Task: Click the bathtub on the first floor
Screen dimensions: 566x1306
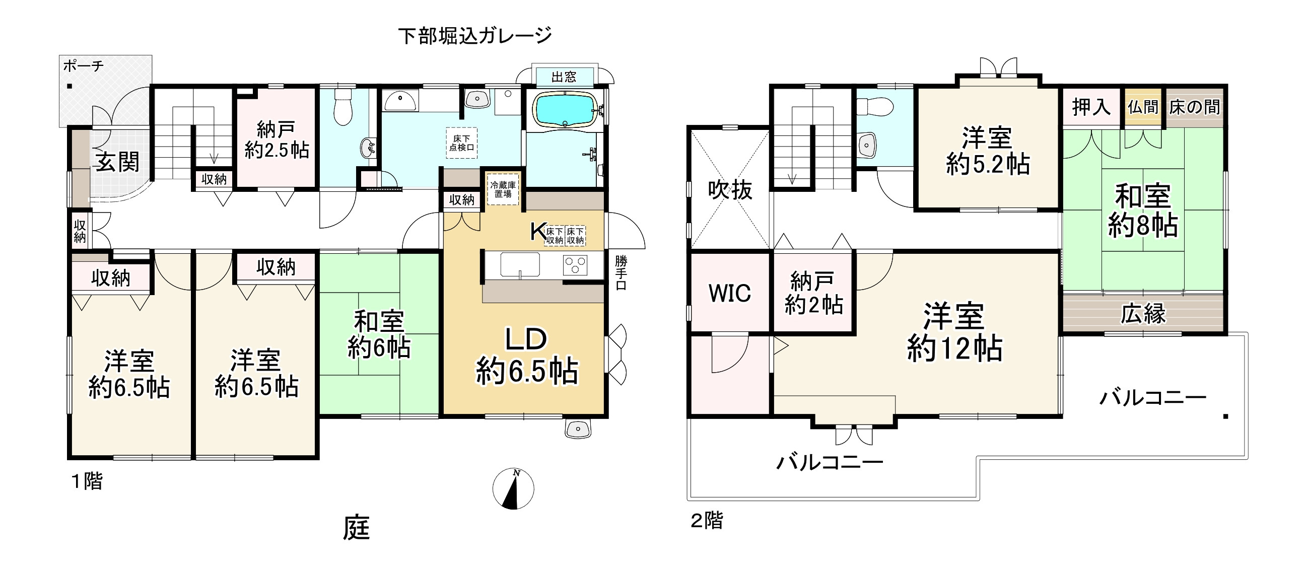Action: coord(565,110)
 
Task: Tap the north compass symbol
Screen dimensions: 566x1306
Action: coord(513,489)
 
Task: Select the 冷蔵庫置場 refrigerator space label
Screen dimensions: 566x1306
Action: coord(503,189)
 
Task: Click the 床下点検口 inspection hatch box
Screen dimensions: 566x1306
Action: coord(461,143)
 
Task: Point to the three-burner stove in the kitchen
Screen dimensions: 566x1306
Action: coord(575,265)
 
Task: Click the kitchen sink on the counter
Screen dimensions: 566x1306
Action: coord(520,264)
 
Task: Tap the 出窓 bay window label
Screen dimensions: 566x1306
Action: coord(564,77)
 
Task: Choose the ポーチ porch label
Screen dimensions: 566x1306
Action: coord(83,66)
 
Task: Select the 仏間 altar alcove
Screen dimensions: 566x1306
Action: coord(1143,107)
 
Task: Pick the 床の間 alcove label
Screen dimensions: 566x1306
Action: coord(1195,107)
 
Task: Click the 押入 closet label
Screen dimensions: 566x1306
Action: coord(1090,107)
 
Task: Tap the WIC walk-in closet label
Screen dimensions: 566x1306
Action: coord(729,293)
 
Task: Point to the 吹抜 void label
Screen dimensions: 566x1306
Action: coord(730,190)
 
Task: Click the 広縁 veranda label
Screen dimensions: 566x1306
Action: coord(1143,314)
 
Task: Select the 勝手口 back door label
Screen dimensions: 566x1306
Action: coord(621,272)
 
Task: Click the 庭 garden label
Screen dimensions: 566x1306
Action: coord(357,528)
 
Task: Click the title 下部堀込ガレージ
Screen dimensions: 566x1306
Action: coord(474,35)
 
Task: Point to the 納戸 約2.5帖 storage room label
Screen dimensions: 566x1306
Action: coord(277,140)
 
